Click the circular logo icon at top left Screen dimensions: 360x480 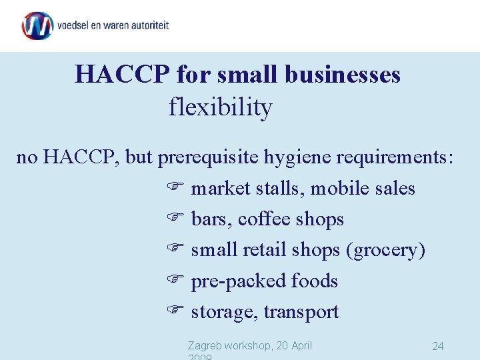pyautogui.click(x=37, y=26)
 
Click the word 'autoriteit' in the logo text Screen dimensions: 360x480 pyautogui.click(x=145, y=26)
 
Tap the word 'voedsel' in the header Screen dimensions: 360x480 pyautogui.click(x=74, y=26)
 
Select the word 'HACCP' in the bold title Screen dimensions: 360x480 pyautogui.click(x=123, y=74)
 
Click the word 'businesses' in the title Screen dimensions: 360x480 pyautogui.click(x=343, y=74)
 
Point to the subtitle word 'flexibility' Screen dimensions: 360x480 pyautogui.click(x=221, y=107)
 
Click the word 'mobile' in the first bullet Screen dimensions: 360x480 pyautogui.click(x=341, y=189)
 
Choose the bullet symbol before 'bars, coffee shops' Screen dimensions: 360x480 pyautogui.click(x=174, y=219)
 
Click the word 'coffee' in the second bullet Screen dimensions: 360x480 pyautogui.click(x=264, y=219)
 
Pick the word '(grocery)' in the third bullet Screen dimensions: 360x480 pyautogui.click(x=385, y=250)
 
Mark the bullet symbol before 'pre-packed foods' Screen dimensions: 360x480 pyautogui.click(x=174, y=281)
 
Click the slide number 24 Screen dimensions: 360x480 pyautogui.click(x=438, y=346)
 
